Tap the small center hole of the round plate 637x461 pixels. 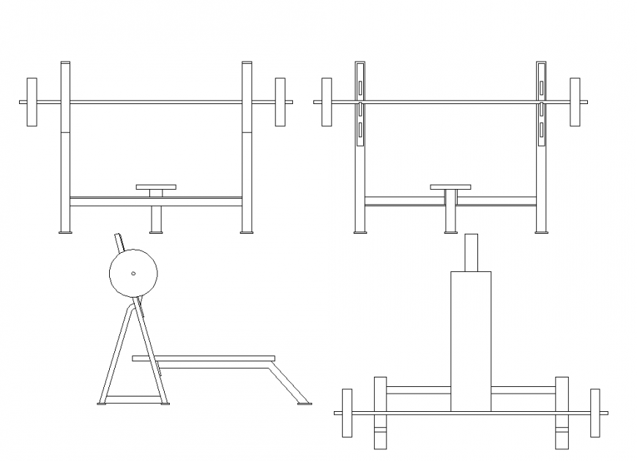[133, 274]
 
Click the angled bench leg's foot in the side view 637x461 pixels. [302, 402]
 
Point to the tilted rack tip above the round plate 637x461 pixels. [119, 242]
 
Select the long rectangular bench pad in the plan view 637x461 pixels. [470, 341]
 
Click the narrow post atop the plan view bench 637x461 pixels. [471, 252]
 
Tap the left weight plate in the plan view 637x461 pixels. [347, 413]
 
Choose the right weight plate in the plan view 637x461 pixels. [595, 413]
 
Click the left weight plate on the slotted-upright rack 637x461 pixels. [327, 102]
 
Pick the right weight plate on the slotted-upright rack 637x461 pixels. [575, 102]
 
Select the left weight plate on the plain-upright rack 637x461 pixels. [31, 102]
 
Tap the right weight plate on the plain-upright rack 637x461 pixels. [280, 102]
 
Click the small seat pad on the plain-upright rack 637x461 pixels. [156, 187]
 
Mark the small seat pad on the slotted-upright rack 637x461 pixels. [450, 187]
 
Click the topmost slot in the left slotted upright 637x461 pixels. [360, 89]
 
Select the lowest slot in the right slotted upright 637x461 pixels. [541, 130]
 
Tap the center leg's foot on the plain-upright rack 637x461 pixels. [156, 233]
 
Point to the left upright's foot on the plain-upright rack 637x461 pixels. [65, 233]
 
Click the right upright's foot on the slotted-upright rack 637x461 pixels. [541, 233]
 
